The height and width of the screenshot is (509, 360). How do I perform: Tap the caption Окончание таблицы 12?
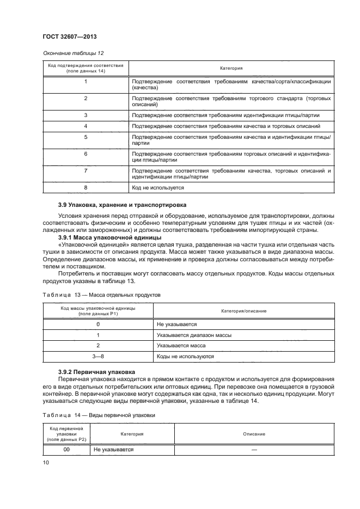coord(69,53)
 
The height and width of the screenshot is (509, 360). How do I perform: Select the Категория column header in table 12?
coord(231,69)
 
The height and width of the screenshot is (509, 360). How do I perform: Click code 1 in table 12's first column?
coord(86,81)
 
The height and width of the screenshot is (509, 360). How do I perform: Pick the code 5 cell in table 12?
coord(86,137)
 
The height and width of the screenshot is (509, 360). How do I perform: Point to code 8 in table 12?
coord(86,187)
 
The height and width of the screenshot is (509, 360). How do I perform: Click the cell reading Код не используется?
coord(158,187)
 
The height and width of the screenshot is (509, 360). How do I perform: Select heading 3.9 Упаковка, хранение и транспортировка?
coord(122,205)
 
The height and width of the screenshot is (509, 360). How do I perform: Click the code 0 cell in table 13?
coord(98,324)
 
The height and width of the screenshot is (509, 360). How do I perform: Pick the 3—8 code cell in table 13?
coord(98,356)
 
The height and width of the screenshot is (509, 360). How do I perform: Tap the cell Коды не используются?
coord(185,356)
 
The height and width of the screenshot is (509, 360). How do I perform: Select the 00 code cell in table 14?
coord(66,450)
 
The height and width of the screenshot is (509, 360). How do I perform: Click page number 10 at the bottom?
coord(46,462)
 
